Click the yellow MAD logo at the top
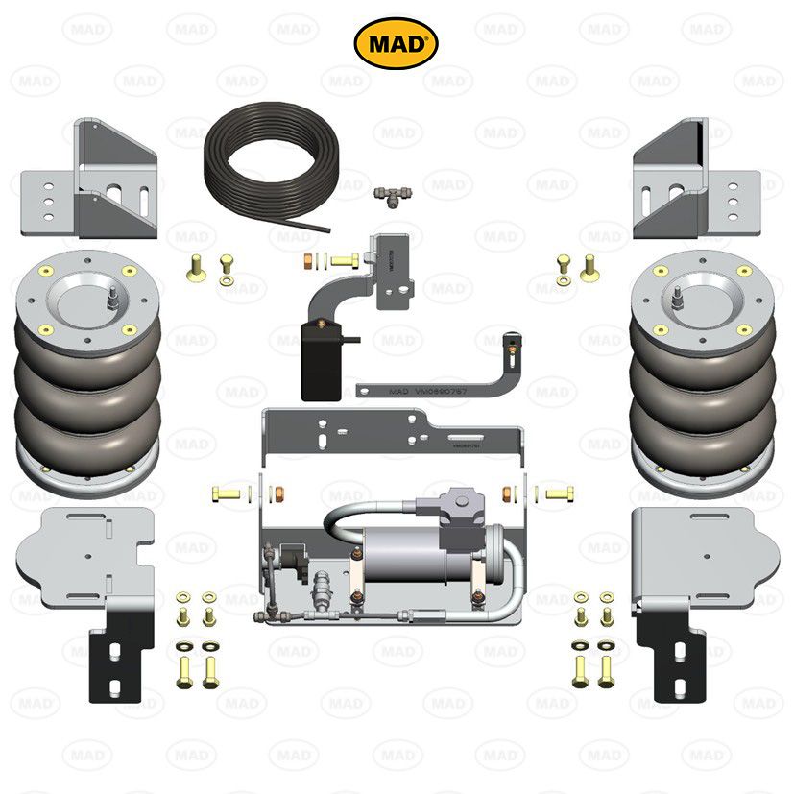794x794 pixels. click(x=397, y=43)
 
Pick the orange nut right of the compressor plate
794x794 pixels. click(x=506, y=494)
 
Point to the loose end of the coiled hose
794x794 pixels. click(x=327, y=228)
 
